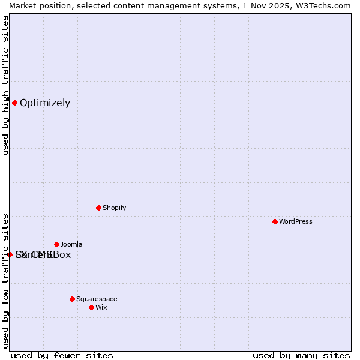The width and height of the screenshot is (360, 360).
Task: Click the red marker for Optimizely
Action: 14,103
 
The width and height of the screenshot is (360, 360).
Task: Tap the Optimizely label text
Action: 45,103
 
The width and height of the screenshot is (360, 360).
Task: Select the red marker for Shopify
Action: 98,208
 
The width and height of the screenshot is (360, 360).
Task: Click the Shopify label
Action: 114,208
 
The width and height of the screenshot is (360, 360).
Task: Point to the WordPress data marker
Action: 275,221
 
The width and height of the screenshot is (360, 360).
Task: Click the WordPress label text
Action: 296,222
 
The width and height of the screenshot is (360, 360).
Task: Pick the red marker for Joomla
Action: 56,244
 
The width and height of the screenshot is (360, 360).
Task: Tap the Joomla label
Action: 71,245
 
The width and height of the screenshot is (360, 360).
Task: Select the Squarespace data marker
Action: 72,299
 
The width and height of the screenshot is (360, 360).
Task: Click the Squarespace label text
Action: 97,299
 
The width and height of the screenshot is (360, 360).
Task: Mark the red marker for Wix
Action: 91,307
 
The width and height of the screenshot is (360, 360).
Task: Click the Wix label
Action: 101,308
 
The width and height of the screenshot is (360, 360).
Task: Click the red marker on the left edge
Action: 10,254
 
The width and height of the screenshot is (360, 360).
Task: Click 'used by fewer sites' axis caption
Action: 62,355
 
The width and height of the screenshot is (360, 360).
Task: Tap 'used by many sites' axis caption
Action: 301,355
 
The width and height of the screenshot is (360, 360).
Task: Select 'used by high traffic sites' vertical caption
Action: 5,85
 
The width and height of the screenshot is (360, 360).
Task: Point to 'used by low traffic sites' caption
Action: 5,280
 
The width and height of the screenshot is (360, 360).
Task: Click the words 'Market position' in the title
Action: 36,5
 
